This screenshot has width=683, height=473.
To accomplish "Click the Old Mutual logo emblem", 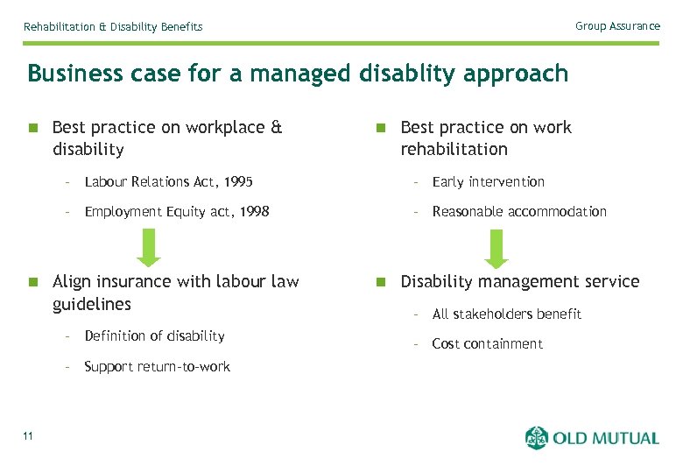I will click(x=537, y=438).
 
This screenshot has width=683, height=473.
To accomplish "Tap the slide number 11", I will click(x=29, y=437).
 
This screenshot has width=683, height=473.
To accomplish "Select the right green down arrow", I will click(x=497, y=248).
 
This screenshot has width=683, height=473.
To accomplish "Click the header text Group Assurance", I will click(x=617, y=26).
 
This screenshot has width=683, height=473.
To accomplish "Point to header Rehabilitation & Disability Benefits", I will click(x=113, y=27).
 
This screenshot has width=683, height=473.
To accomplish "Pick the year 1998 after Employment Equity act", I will click(x=253, y=212).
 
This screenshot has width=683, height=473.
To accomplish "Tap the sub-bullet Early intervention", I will click(x=488, y=182).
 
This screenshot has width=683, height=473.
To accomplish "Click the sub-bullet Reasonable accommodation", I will click(x=519, y=212).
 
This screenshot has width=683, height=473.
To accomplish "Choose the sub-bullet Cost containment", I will click(x=487, y=344).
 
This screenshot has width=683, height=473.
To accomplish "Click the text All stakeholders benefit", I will click(x=506, y=314).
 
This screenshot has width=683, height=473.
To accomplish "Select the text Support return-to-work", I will click(x=157, y=367).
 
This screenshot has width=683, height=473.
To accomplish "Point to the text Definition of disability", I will click(x=154, y=336).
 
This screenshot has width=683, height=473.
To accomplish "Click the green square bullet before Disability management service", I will click(x=380, y=282).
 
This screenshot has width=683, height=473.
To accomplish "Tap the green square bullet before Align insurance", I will click(x=32, y=282).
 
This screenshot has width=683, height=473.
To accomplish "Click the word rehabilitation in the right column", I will click(x=454, y=150).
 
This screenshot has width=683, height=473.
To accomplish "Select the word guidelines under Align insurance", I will click(x=92, y=305).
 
